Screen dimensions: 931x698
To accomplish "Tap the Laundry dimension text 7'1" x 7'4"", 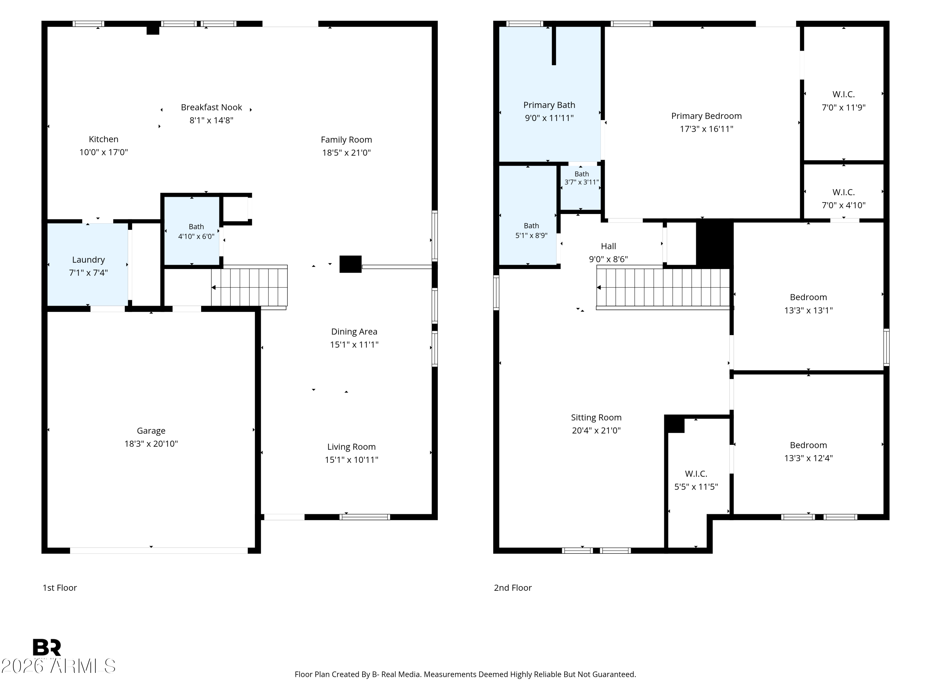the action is tap(88, 273).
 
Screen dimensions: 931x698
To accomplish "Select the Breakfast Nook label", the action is tap(211, 107).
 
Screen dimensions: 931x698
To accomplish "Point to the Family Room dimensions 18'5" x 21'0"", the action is tap(346, 152).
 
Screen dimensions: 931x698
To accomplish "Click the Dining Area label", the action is tap(354, 332).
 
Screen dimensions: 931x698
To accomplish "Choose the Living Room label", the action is tap(351, 447).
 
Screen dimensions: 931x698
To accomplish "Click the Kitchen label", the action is tap(104, 139).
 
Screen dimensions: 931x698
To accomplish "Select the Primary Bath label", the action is tap(549, 105).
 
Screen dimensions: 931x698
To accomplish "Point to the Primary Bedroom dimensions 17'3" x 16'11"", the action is tap(707, 129).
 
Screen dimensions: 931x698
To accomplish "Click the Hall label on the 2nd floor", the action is tap(609, 246).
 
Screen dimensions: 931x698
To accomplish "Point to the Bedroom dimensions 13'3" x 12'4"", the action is tap(808, 458).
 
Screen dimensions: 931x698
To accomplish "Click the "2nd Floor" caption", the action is tap(513, 588).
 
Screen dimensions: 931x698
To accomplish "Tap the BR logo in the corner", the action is tap(47, 647).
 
